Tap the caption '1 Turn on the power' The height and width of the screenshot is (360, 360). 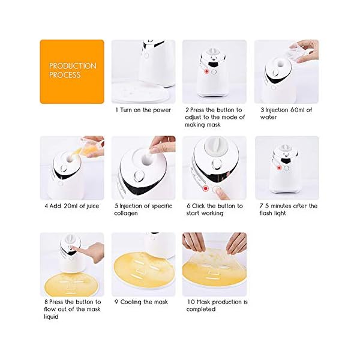coord(143,110)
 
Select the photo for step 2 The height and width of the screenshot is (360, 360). coord(214,71)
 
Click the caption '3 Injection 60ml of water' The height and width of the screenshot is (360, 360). coord(286,114)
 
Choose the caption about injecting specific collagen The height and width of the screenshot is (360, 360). coord(144,210)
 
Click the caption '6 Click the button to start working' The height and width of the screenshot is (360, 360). coord(214,210)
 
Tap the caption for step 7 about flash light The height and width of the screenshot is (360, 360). coord(286,210)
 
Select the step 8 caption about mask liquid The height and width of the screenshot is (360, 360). coord(72,309)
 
